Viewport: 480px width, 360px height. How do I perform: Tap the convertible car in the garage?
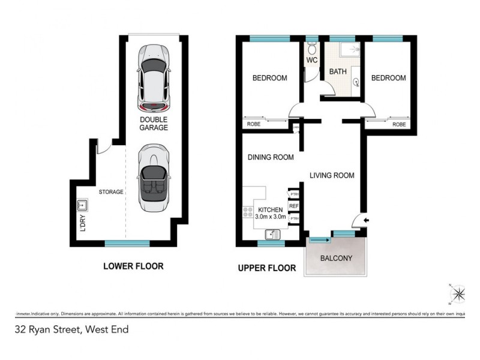point(153,179)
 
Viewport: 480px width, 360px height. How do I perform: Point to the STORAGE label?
point(111,192)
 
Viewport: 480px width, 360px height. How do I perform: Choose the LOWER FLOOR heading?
point(133,266)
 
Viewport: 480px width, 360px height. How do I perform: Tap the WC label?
point(311,61)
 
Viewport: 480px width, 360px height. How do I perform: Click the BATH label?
point(338,72)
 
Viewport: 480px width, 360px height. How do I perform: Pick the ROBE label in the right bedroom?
point(398,124)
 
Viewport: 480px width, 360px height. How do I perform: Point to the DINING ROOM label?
point(271,158)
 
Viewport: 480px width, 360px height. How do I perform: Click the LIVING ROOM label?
point(332,176)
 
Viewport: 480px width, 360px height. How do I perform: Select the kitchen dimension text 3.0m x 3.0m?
point(269,217)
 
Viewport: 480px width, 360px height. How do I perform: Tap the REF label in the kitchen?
point(294,206)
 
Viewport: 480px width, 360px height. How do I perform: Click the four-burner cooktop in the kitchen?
point(247,212)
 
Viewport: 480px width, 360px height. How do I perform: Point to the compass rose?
point(459,293)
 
